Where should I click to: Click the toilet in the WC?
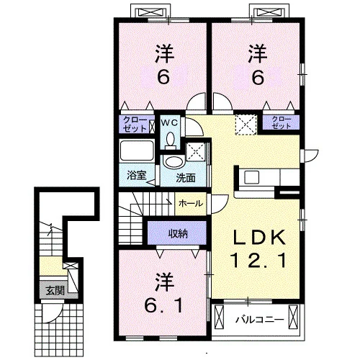click(x=171, y=140)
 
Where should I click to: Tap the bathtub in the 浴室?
click(x=137, y=150)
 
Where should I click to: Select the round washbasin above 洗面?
click(x=173, y=161)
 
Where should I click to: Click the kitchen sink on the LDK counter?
click(x=251, y=177)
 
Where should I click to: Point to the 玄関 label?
click(x=55, y=291)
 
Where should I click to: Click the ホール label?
click(x=191, y=204)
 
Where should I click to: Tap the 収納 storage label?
click(x=178, y=233)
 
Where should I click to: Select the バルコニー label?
click(x=259, y=320)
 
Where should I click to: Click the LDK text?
click(x=258, y=238)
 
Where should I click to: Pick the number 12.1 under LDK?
click(x=258, y=261)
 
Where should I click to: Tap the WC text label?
click(x=169, y=123)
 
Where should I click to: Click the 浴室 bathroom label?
click(x=137, y=176)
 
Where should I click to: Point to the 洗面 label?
click(x=186, y=178)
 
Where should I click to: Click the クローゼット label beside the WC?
click(x=135, y=124)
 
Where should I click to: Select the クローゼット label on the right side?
click(x=282, y=122)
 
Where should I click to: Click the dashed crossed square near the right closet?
click(x=246, y=125)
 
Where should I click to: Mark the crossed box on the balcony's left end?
click(x=219, y=318)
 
